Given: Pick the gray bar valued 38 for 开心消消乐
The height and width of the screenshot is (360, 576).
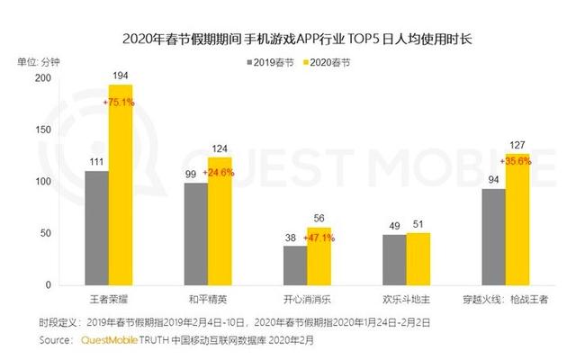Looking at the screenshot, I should [x=294, y=265].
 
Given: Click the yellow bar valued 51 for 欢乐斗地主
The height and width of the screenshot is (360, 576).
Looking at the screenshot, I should [x=418, y=258].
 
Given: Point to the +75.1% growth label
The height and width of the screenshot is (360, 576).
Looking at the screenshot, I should [x=121, y=103].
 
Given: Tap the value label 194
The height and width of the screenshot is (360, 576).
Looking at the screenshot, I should [x=121, y=76].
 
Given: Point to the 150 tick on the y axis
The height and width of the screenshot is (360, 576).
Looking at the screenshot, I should [x=64, y=130].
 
